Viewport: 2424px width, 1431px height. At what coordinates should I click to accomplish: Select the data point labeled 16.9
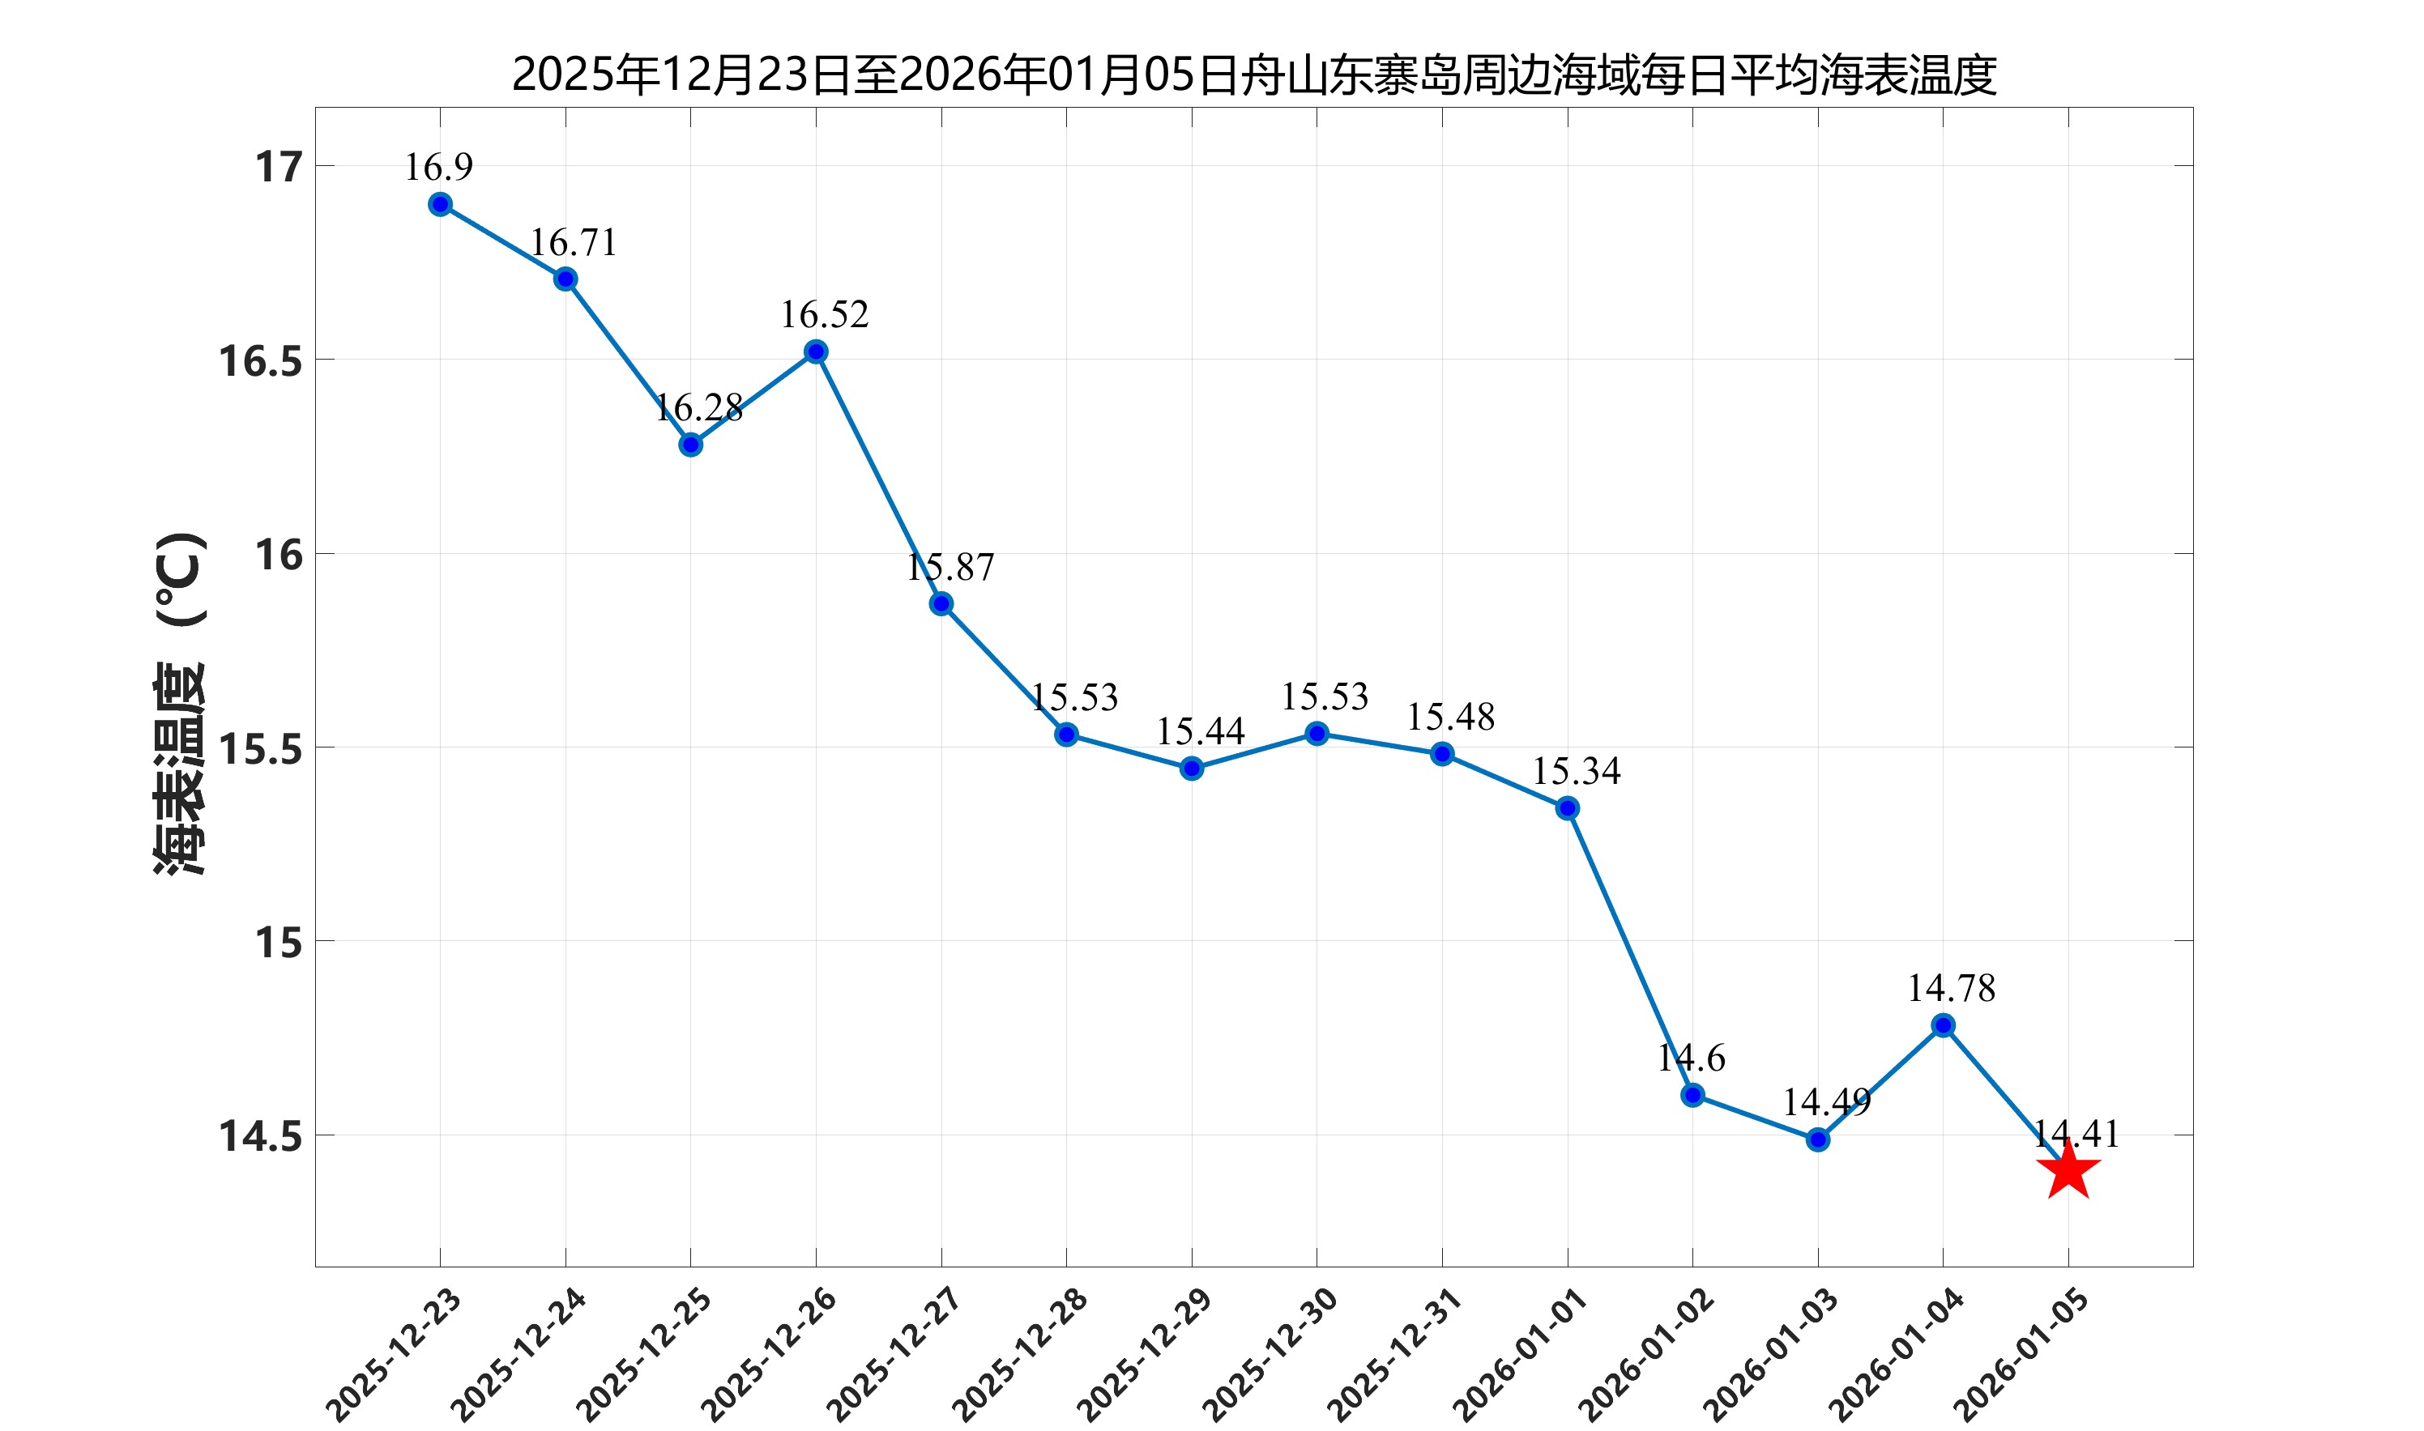pyautogui.click(x=440, y=204)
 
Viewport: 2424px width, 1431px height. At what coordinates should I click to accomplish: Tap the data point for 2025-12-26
pyautogui.click(x=816, y=352)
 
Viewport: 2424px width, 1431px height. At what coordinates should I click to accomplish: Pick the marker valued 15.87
pyautogui.click(x=941, y=603)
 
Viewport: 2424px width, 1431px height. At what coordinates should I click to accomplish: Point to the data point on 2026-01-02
pyautogui.click(x=1693, y=1096)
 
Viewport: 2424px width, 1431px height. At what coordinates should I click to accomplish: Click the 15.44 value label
pyautogui.click(x=1200, y=732)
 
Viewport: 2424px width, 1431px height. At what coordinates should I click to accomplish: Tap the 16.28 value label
pyautogui.click(x=698, y=408)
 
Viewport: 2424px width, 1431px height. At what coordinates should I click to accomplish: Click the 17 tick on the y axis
pyautogui.click(x=279, y=168)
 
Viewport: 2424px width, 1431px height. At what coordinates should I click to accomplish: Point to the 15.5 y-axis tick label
pyautogui.click(x=260, y=749)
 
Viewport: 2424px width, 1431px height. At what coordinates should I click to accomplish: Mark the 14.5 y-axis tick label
pyautogui.click(x=260, y=1137)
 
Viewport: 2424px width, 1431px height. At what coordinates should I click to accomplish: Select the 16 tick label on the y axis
pyautogui.click(x=279, y=556)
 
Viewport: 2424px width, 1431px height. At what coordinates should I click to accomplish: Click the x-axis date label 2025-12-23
pyautogui.click(x=394, y=1355)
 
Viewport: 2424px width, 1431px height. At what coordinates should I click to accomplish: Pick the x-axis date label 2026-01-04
pyautogui.click(x=1897, y=1355)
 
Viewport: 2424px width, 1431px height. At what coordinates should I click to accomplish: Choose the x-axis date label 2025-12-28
pyautogui.click(x=1019, y=1355)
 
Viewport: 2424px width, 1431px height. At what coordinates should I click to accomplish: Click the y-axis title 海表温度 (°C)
pyautogui.click(x=181, y=703)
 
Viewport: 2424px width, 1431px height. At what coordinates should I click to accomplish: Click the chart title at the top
pyautogui.click(x=1254, y=75)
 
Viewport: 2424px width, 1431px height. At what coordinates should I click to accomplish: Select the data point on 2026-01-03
pyautogui.click(x=1818, y=1139)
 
